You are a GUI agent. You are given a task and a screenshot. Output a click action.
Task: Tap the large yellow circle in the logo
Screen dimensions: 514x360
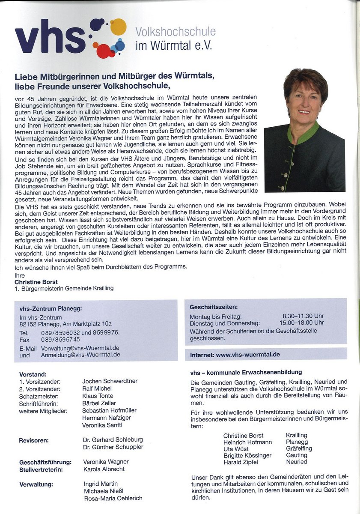coord(118,27)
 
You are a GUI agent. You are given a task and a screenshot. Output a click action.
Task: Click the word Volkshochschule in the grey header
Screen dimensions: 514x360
coord(176,31)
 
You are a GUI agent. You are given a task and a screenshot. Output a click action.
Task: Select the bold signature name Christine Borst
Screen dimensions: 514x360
coord(36,282)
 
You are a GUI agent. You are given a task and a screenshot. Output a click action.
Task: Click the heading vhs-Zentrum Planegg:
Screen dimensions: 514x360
coord(51,308)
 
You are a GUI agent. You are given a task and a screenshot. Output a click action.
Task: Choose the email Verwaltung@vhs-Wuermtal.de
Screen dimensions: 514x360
coord(80,348)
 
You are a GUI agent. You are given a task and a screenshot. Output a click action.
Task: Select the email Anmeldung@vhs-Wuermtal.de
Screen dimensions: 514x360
coord(80,355)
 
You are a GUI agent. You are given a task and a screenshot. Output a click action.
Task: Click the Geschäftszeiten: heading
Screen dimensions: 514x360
coord(214,307)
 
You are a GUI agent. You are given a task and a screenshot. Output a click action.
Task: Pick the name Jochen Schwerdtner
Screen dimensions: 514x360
coord(110,381)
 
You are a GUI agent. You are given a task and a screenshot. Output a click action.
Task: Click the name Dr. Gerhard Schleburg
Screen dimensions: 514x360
coord(113,439)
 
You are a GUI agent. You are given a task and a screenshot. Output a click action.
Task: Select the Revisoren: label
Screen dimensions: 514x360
coord(33,440)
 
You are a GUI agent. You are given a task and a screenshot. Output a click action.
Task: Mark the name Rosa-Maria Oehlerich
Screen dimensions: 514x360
coord(113,498)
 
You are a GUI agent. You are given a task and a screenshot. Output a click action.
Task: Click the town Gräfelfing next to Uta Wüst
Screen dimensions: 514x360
coord(299,448)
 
